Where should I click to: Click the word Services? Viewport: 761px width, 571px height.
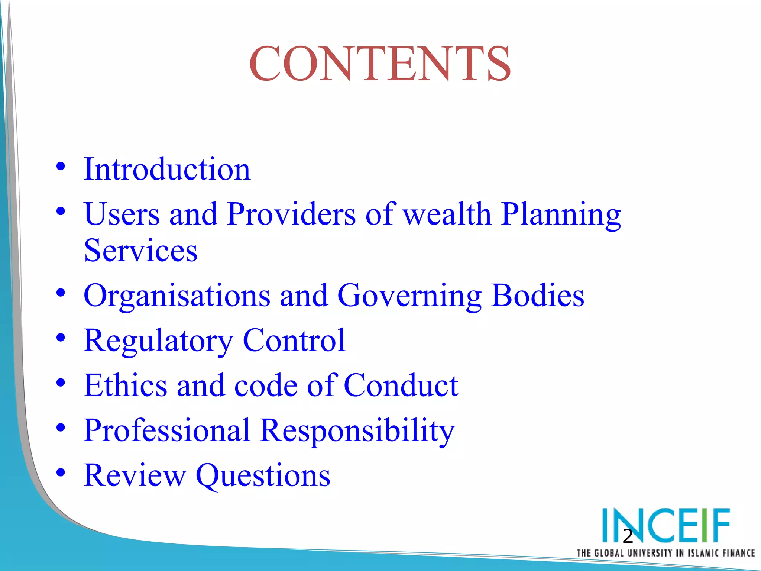pyautogui.click(x=140, y=251)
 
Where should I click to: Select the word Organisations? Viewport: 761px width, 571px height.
pyautogui.click(x=177, y=296)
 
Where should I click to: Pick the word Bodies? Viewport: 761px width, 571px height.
pyautogui.click(x=537, y=296)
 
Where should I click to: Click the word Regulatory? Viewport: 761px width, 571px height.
pyautogui.click(x=158, y=341)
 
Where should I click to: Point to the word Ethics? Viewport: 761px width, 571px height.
pyautogui.click(x=126, y=385)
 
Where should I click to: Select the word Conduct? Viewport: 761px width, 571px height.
pyautogui.click(x=401, y=385)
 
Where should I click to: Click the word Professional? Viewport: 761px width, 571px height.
pyautogui.click(x=167, y=430)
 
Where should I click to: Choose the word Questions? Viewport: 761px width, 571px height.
pyautogui.click(x=263, y=476)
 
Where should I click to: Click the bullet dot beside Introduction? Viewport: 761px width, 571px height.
pyautogui.click(x=61, y=166)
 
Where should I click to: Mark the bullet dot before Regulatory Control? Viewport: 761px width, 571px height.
pyautogui.click(x=61, y=338)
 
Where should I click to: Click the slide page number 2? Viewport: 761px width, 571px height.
pyautogui.click(x=628, y=536)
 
